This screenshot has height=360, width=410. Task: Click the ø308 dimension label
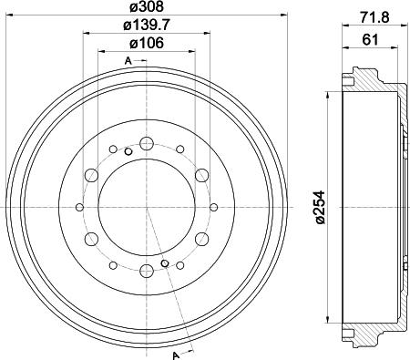coord(147,6)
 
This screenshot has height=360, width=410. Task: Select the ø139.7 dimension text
coord(147,25)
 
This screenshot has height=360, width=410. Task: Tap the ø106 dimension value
coord(147,43)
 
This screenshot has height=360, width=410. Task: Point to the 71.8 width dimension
coord(374,17)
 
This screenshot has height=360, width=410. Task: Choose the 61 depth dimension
coord(370,39)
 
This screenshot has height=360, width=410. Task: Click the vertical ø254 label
coord(320,208)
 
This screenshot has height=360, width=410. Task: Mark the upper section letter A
coord(128,61)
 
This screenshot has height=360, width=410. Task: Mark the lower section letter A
coord(175,355)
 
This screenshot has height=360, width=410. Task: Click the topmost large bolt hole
coord(147,143)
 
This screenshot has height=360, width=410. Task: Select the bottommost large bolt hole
coord(147,271)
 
